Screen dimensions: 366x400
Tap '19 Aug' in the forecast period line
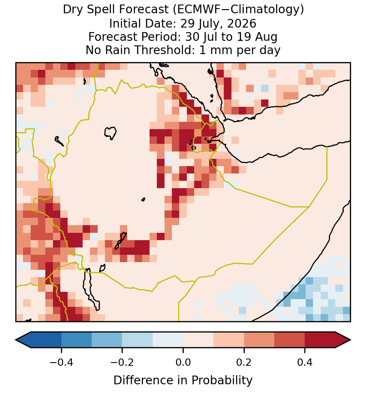point(257,37)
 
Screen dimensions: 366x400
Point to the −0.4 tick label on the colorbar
point(61,362)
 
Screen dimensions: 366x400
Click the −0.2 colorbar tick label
point(122,362)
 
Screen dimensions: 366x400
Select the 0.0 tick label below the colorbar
point(183,362)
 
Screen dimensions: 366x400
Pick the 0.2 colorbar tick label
point(244,362)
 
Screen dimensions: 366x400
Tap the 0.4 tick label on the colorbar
point(305,362)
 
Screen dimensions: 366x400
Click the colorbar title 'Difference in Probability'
point(183,380)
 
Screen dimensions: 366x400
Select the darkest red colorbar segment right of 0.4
point(320,340)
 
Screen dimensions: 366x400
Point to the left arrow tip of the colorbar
point(16,340)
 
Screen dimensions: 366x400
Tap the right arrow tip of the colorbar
point(351,340)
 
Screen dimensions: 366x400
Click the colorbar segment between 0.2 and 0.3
point(259,340)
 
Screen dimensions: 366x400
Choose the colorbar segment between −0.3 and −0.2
point(107,340)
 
